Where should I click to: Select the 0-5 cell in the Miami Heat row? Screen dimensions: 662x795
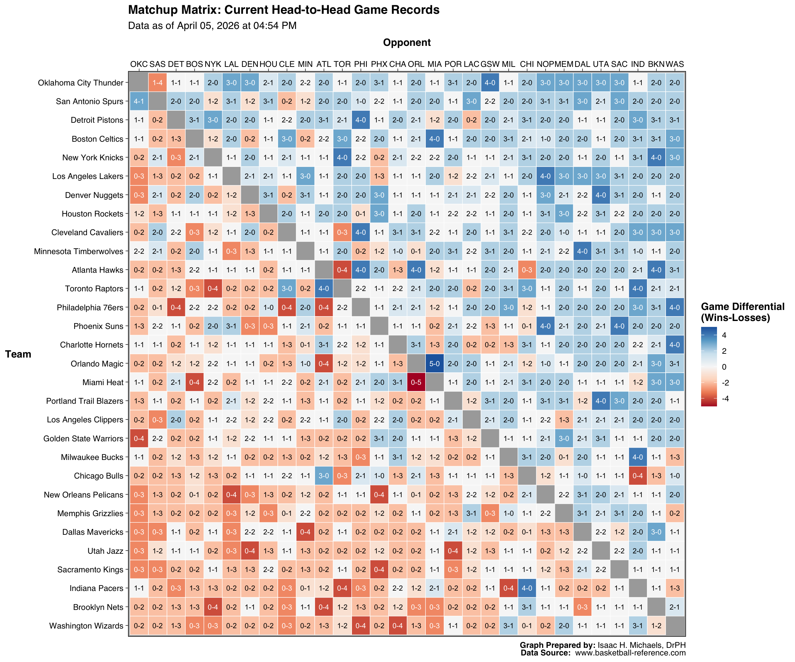(416, 382)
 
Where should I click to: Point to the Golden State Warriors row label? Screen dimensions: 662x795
(83, 439)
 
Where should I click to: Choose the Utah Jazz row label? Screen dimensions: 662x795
(105, 551)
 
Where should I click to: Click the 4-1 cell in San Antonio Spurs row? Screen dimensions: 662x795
(139, 101)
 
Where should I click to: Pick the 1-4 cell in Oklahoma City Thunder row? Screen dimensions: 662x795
(157, 83)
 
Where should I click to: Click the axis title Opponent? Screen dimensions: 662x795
(406, 42)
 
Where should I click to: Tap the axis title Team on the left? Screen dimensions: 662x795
(18, 354)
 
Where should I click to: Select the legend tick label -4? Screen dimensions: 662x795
(725, 399)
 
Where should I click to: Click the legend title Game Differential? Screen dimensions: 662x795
(742, 307)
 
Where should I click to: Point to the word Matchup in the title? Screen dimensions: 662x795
(150, 10)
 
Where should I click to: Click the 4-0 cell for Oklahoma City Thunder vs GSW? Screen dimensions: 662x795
(490, 83)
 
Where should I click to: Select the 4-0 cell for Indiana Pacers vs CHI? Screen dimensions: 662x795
(527, 588)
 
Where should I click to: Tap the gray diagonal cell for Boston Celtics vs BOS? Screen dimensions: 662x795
(194, 139)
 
